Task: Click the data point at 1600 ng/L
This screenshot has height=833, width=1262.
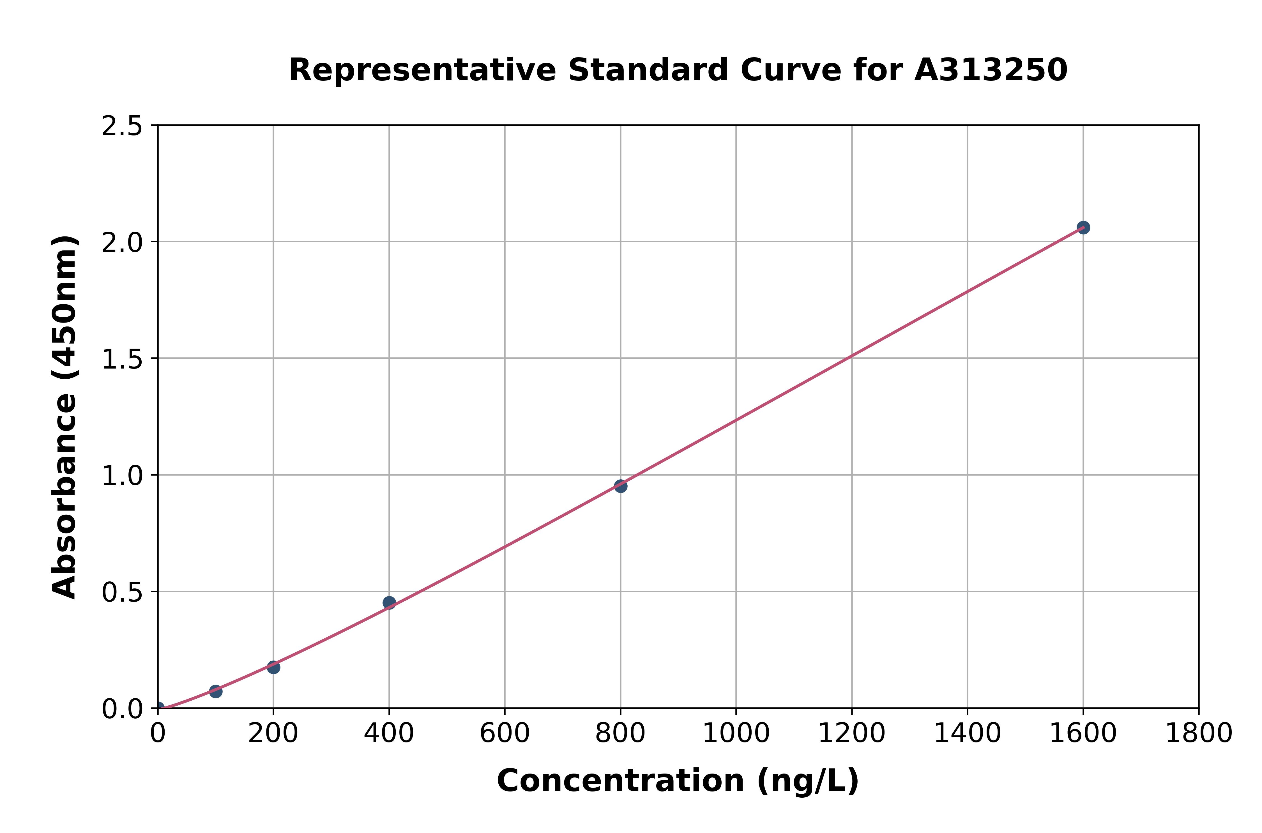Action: (x=1083, y=227)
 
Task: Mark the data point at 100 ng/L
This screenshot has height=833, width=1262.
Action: (x=216, y=691)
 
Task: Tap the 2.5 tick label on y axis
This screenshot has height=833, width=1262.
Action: (x=122, y=126)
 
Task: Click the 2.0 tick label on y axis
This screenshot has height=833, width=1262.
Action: (x=122, y=243)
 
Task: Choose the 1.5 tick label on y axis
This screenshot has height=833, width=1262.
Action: (x=122, y=359)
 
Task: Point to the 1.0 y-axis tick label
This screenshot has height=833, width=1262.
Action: (x=122, y=475)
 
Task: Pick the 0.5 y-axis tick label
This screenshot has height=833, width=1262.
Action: (x=122, y=592)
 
